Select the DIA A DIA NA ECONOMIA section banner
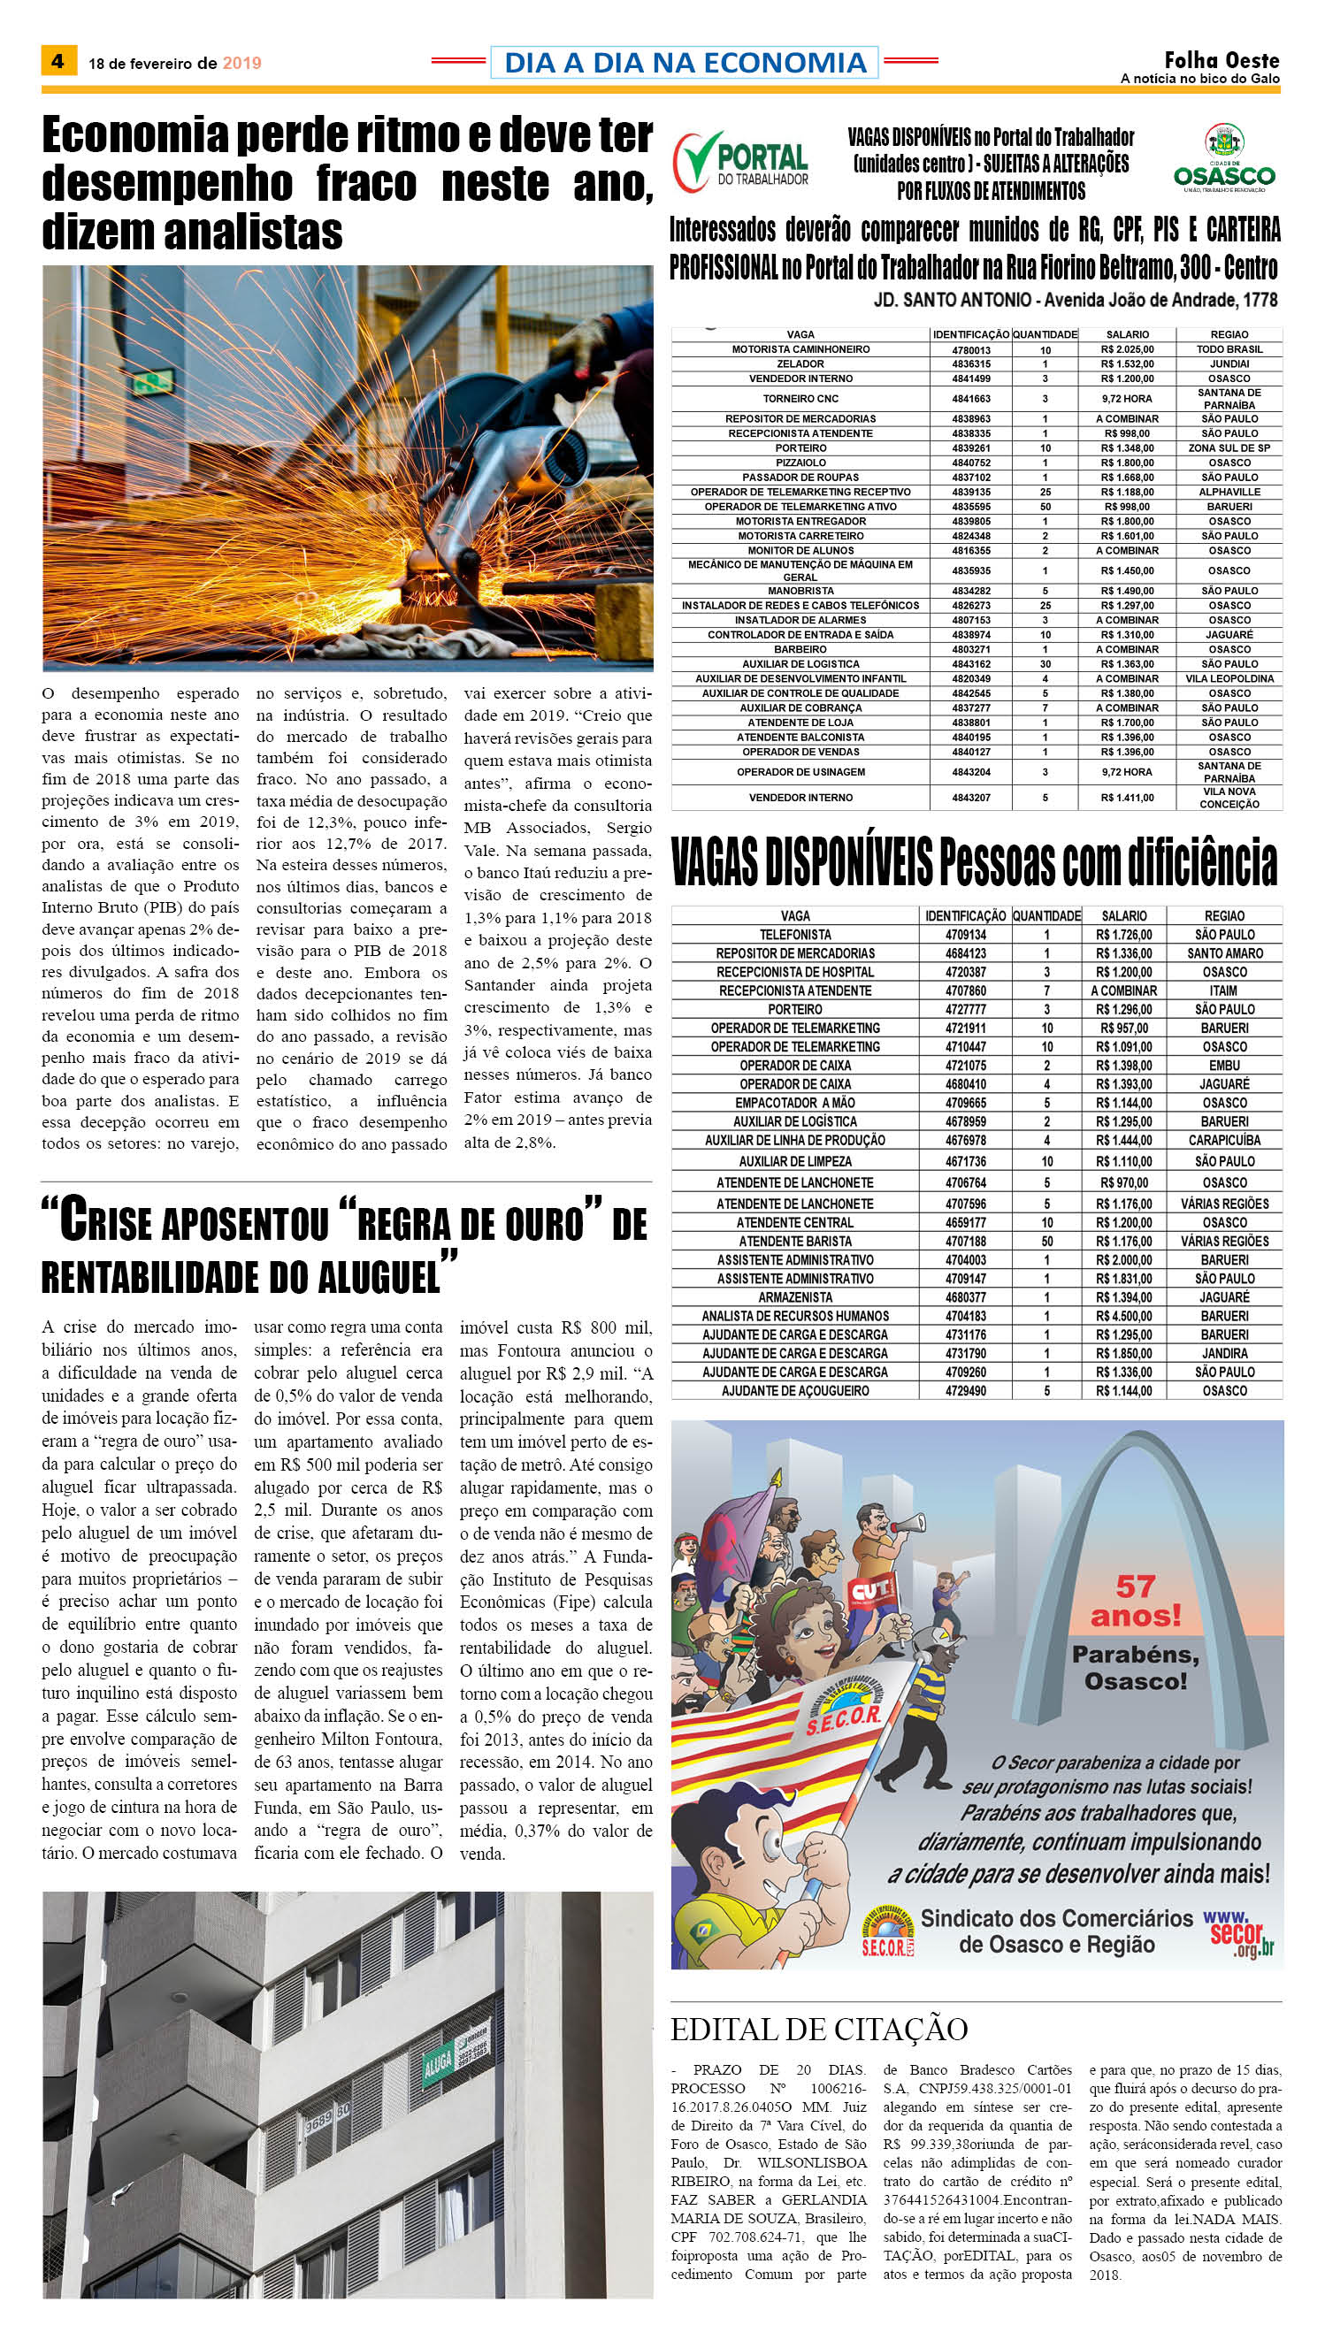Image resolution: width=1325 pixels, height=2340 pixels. click(x=685, y=62)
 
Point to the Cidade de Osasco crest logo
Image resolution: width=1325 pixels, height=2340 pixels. click(x=1224, y=157)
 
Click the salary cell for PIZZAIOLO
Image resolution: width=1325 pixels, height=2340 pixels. click(x=1127, y=463)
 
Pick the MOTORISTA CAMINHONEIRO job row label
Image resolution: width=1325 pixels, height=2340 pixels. click(x=800, y=349)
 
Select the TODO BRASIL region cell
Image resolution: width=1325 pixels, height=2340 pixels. click(x=1229, y=349)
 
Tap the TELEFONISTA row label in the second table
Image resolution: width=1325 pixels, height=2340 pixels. click(x=794, y=935)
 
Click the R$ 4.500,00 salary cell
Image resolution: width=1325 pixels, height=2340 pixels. click(x=1124, y=1316)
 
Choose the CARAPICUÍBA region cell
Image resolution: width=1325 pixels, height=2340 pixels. click(x=1225, y=1140)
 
